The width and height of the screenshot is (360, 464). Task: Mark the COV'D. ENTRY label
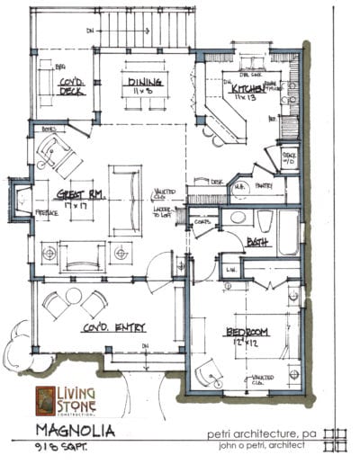pos(115,327)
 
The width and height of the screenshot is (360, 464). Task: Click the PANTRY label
pos(264,186)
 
